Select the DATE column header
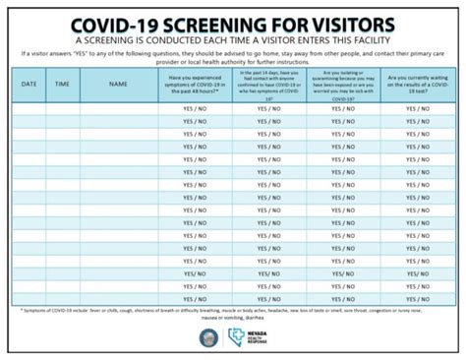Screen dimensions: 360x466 (29, 85)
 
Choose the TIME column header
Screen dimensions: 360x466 (62, 85)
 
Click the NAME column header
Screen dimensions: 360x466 (119, 85)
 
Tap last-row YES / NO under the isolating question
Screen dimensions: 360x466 (344, 272)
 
